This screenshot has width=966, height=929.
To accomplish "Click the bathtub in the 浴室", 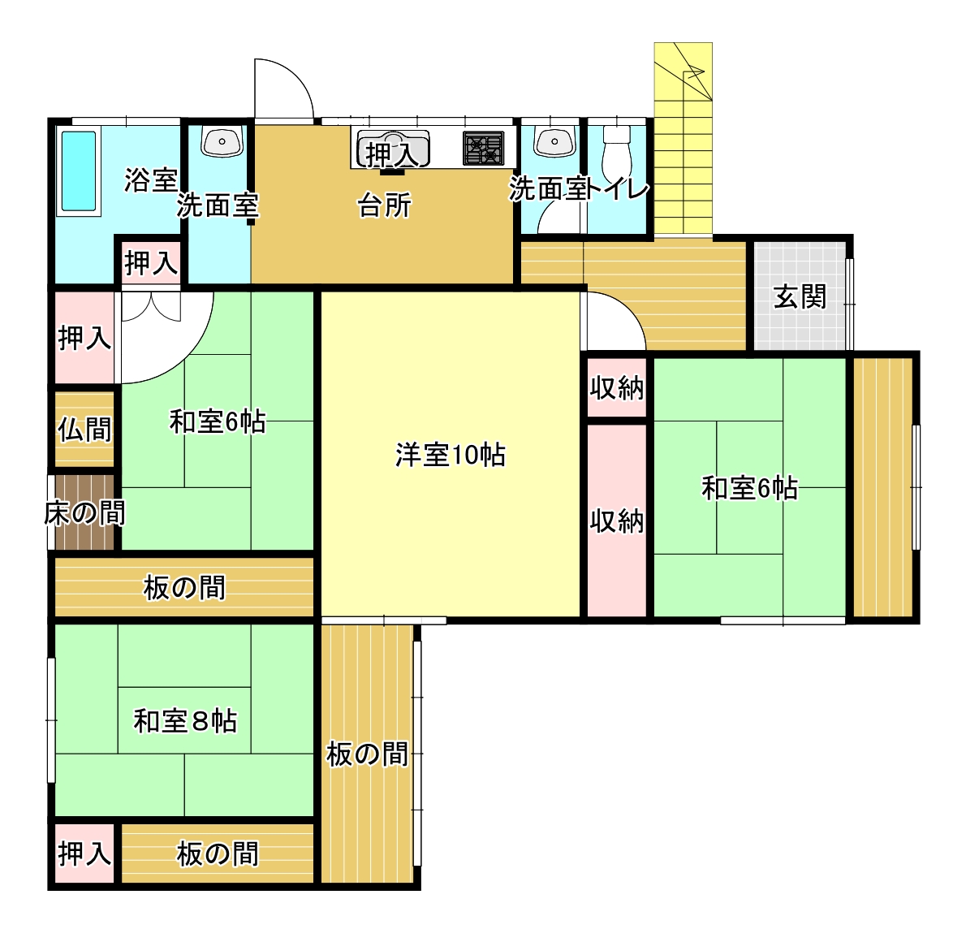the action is (78, 172).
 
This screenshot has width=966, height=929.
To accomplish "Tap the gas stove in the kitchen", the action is (483, 149).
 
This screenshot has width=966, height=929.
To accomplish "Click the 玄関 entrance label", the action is (800, 297).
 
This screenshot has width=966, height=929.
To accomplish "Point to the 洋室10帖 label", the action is (450, 455).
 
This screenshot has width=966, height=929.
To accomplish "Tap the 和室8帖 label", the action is (185, 720).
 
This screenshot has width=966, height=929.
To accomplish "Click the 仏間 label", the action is (85, 429).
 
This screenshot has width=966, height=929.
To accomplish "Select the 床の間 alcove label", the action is (85, 513).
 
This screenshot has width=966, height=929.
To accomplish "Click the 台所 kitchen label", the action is (385, 205).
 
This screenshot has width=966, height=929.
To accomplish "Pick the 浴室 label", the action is (151, 180).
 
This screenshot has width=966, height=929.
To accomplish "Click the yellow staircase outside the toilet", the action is (683, 139).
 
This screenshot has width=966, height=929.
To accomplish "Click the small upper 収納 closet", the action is (617, 387).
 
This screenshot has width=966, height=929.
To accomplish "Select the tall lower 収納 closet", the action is (617, 521).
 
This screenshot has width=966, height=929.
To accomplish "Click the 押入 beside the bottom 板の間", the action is (85, 853).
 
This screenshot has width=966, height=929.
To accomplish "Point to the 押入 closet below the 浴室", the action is (151, 263).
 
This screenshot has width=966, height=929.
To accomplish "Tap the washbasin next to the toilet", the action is (554, 142).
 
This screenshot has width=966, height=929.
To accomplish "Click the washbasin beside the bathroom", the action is (222, 142).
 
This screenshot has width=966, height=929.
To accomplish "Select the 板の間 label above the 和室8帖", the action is (185, 587).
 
